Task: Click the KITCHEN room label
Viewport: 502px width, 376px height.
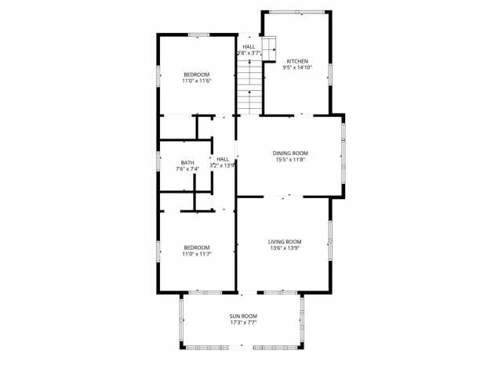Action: click(296, 61)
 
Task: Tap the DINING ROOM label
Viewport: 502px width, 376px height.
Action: click(290, 154)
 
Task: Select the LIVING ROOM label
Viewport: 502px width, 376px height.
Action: click(286, 241)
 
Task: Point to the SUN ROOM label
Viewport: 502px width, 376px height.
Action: click(243, 316)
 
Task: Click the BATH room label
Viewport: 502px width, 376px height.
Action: click(187, 163)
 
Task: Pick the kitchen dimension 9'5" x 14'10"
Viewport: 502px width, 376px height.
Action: click(296, 67)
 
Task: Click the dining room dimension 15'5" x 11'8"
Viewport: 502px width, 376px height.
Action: click(290, 160)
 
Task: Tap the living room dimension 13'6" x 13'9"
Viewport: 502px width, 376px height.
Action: click(286, 248)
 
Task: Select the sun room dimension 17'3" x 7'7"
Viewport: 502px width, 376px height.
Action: click(243, 322)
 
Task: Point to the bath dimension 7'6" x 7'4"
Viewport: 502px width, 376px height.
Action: click(187, 168)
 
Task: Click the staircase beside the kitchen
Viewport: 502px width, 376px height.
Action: click(249, 85)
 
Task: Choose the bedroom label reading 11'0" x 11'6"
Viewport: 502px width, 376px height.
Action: click(197, 81)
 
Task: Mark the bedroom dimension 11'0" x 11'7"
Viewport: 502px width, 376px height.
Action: click(197, 253)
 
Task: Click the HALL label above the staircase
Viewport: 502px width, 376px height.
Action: click(249, 46)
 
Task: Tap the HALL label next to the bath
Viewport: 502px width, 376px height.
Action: click(223, 159)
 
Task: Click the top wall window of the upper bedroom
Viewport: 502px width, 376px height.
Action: click(198, 34)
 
